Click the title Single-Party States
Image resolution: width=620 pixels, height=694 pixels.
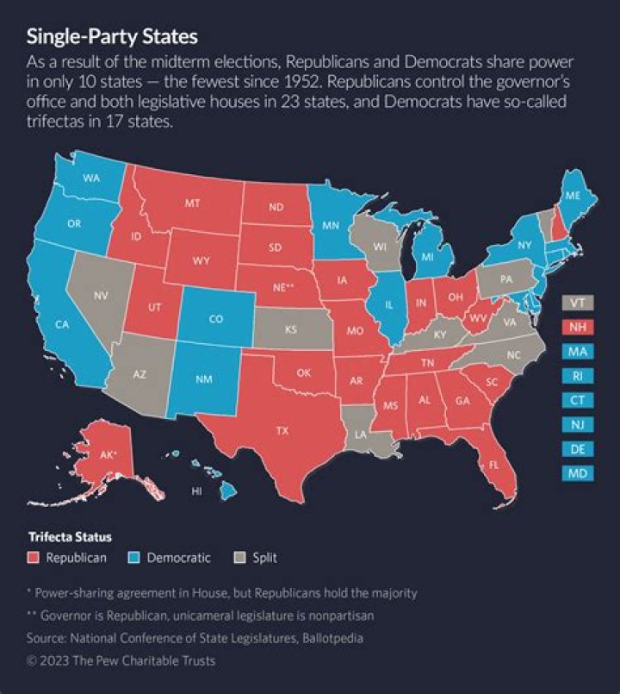pyautogui.click(x=112, y=37)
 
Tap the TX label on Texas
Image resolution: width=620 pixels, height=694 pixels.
pyautogui.click(x=281, y=429)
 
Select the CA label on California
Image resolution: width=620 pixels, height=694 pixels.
pyautogui.click(x=61, y=324)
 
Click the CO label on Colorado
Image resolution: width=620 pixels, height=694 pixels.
pyautogui.click(x=216, y=318)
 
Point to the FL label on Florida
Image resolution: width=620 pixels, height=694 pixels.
pyautogui.click(x=494, y=464)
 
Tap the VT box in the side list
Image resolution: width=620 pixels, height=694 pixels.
pyautogui.click(x=576, y=303)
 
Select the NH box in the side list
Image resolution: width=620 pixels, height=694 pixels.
pyautogui.click(x=576, y=327)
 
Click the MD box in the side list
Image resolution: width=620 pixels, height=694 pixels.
pyautogui.click(x=576, y=472)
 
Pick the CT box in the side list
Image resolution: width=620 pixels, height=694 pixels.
pyautogui.click(x=576, y=400)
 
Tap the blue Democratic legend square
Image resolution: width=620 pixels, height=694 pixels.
pyautogui.click(x=135, y=558)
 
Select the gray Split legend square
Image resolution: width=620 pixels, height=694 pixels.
pyautogui.click(x=241, y=558)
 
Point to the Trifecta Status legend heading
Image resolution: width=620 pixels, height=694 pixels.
pyautogui.click(x=69, y=536)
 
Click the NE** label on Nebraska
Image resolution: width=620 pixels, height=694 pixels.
pyautogui.click(x=284, y=288)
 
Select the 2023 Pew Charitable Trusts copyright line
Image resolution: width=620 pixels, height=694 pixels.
pyautogui.click(x=121, y=661)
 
